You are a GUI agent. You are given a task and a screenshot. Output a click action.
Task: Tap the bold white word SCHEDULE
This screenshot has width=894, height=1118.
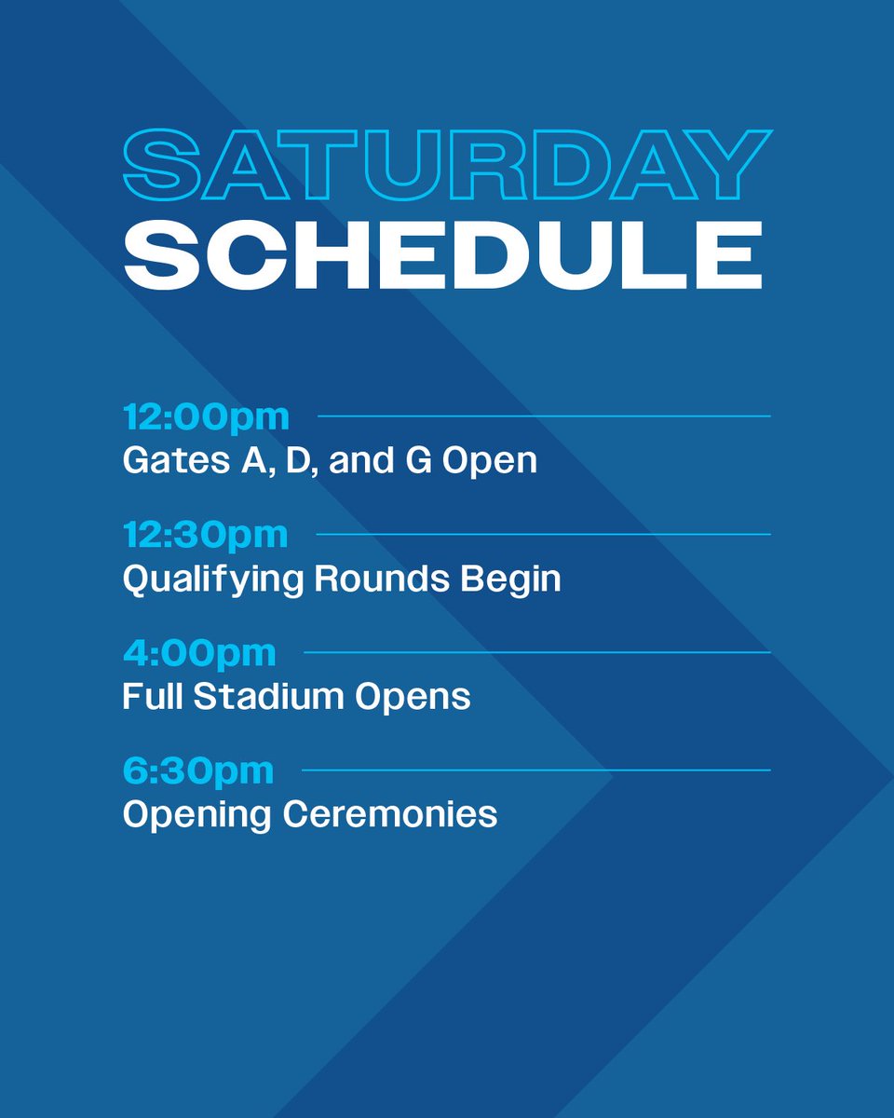coord(443,255)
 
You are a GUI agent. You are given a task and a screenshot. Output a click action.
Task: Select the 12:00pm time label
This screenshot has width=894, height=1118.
coord(206,417)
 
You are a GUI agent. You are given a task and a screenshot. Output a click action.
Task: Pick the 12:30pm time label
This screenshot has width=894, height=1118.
coord(206,536)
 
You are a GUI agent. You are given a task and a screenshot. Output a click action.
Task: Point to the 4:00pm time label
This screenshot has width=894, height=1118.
coord(199,653)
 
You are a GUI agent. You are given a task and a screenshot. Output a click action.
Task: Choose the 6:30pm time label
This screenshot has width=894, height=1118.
coord(198,771)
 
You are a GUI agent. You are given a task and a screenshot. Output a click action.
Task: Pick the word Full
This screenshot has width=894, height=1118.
coord(152,697)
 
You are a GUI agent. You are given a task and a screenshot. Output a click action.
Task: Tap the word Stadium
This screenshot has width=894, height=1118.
coord(262,697)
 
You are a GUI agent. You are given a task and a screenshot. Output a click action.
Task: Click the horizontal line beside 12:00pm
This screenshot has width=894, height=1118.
coord(544,416)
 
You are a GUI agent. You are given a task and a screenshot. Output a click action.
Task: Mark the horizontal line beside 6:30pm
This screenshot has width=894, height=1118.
coord(536,770)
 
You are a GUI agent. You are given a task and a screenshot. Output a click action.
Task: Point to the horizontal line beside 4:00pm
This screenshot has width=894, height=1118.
coord(537,652)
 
